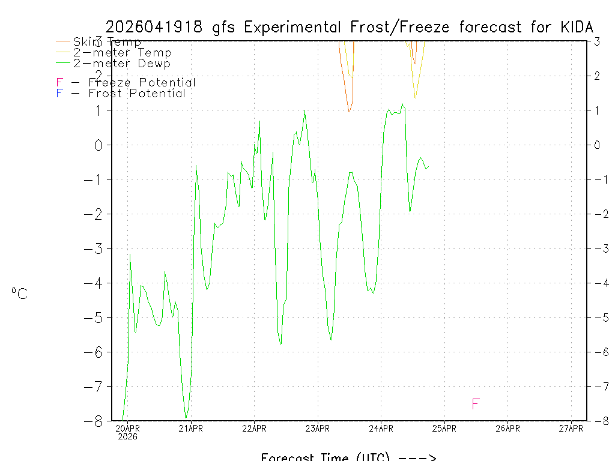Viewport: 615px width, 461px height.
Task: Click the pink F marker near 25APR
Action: click(x=476, y=403)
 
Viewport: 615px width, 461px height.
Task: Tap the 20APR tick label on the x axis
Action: click(x=127, y=428)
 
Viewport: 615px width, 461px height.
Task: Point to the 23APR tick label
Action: click(x=318, y=428)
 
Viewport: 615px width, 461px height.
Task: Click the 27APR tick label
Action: click(x=571, y=428)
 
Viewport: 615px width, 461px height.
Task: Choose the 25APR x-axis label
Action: click(x=444, y=428)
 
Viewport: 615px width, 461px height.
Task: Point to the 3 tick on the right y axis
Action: click(x=597, y=41)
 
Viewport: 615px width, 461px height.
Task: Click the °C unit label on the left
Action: click(x=19, y=294)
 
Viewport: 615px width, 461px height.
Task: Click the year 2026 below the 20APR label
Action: click(x=127, y=436)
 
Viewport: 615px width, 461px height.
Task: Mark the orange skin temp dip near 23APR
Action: click(x=349, y=111)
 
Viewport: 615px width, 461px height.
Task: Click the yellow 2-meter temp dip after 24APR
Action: click(x=415, y=97)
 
